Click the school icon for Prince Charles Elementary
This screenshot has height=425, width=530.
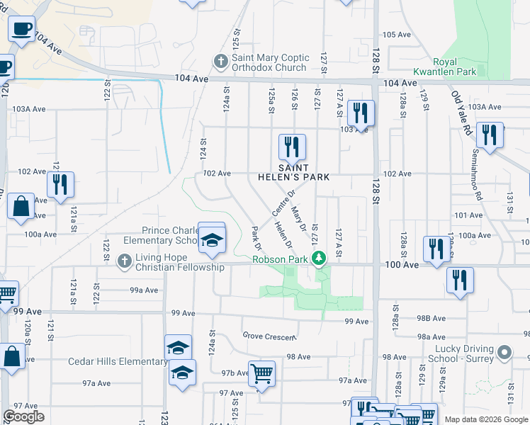[211, 239]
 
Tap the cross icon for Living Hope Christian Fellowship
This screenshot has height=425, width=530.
[124, 261]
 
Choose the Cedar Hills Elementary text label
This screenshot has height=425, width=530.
[118, 362]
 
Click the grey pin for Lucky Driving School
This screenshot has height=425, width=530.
[504, 352]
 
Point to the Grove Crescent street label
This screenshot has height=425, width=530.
[267, 336]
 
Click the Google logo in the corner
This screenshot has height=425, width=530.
[23, 417]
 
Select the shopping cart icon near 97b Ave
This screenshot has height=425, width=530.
[261, 373]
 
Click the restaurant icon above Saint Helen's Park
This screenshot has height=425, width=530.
[292, 147]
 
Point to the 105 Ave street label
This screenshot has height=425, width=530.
[397, 35]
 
